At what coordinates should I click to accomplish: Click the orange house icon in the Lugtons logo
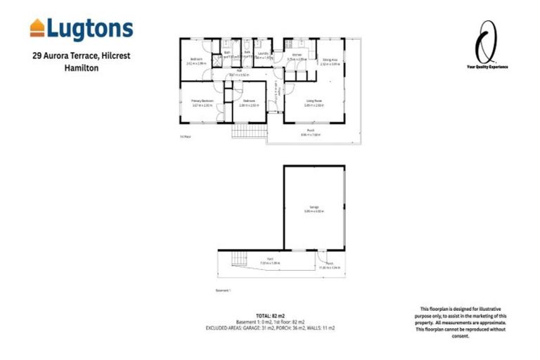(37, 28)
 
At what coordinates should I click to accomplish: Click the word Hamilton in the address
(80, 68)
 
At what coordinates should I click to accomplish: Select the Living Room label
(313, 102)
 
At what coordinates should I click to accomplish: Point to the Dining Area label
(330, 61)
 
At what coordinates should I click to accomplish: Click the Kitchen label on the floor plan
(297, 55)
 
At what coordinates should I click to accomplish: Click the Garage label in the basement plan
(313, 207)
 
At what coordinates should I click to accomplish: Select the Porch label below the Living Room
(310, 131)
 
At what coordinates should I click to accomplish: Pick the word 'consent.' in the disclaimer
(458, 335)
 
